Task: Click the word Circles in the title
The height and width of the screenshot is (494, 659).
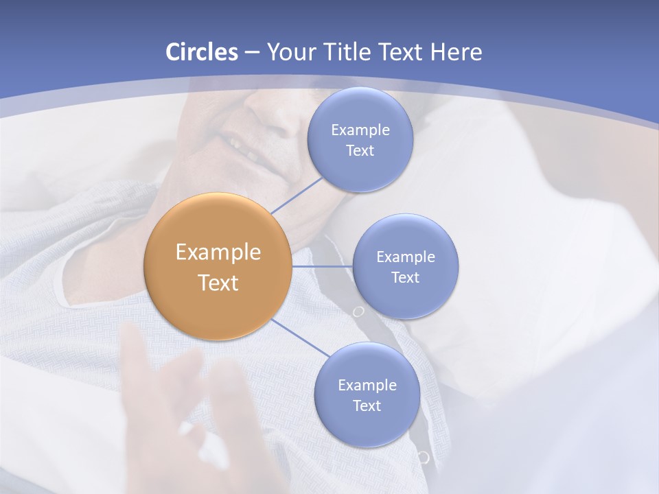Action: tap(201, 51)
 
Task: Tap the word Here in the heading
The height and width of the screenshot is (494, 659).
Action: tap(456, 51)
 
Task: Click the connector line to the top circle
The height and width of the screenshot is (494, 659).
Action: tap(297, 195)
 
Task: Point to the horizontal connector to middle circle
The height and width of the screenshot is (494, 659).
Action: tap(322, 266)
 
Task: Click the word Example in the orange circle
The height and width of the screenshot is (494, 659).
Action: tap(218, 252)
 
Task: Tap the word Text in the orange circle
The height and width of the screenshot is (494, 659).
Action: tap(218, 283)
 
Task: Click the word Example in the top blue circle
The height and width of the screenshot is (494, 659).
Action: tap(360, 130)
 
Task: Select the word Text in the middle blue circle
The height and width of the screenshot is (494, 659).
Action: tap(405, 277)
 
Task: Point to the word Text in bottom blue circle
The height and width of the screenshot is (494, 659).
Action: tap(367, 405)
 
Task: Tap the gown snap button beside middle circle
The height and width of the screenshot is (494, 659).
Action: tap(358, 311)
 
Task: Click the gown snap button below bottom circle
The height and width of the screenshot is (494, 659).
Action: tap(424, 457)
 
